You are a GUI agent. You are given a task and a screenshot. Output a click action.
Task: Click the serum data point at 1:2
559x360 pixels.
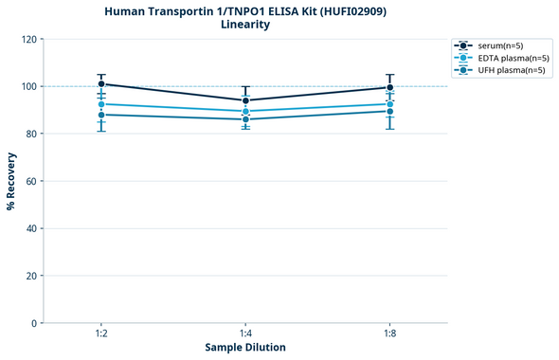101,84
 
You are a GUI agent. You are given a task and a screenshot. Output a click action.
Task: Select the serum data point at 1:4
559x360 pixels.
245,100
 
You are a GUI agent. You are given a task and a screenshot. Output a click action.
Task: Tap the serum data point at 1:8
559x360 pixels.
390,87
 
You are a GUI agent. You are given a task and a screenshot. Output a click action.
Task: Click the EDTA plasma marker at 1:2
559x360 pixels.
101,104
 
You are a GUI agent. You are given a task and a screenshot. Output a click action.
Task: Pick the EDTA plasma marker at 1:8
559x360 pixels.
390,104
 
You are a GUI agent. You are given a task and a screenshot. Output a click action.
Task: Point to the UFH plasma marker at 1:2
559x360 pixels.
101,115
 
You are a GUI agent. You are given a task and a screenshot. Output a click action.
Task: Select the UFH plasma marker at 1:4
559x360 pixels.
245,119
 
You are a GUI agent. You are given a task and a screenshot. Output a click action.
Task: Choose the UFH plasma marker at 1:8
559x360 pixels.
390,111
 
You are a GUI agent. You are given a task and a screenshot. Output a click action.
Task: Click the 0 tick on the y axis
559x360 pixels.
34,323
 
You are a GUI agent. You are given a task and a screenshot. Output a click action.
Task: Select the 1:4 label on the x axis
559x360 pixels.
245,333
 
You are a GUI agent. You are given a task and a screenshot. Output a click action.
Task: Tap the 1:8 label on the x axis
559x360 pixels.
390,333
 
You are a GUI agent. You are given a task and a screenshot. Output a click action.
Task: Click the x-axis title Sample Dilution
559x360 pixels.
245,348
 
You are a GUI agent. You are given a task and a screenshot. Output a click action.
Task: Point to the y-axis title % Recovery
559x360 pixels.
11,181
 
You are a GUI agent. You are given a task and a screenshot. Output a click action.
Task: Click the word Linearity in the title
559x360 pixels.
245,25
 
